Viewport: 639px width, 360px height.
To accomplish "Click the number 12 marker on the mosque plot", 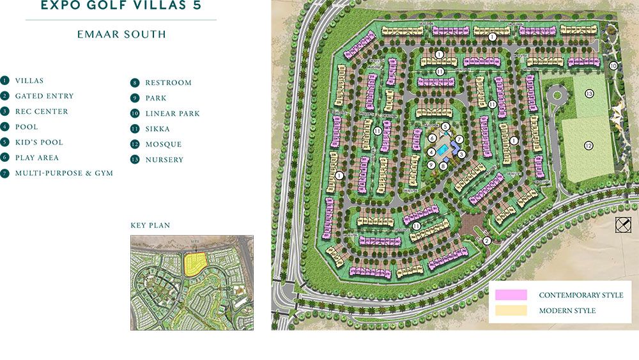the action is tap(589, 146).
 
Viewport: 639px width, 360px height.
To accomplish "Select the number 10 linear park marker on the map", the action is tap(613, 65).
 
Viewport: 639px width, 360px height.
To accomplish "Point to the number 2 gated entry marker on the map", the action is tap(487, 241).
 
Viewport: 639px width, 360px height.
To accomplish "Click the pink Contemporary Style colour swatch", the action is tap(511, 295).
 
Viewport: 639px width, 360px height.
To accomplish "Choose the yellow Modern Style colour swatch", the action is tap(511, 310).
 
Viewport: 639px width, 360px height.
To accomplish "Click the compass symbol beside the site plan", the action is tap(623, 224).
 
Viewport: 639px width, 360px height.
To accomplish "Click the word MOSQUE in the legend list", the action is tap(164, 145).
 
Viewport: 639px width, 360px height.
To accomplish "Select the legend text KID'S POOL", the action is tap(39, 142).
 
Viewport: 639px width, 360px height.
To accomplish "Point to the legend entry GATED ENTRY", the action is tap(44, 96).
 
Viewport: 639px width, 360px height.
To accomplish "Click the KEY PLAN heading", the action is tap(150, 226).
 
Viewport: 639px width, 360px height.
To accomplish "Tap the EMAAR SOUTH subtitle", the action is tap(121, 35).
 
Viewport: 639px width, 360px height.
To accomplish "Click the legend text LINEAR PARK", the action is tap(173, 114).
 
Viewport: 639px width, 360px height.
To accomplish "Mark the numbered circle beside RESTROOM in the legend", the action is tap(135, 82).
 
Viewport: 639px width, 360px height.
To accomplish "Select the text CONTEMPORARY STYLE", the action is tap(581, 295).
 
